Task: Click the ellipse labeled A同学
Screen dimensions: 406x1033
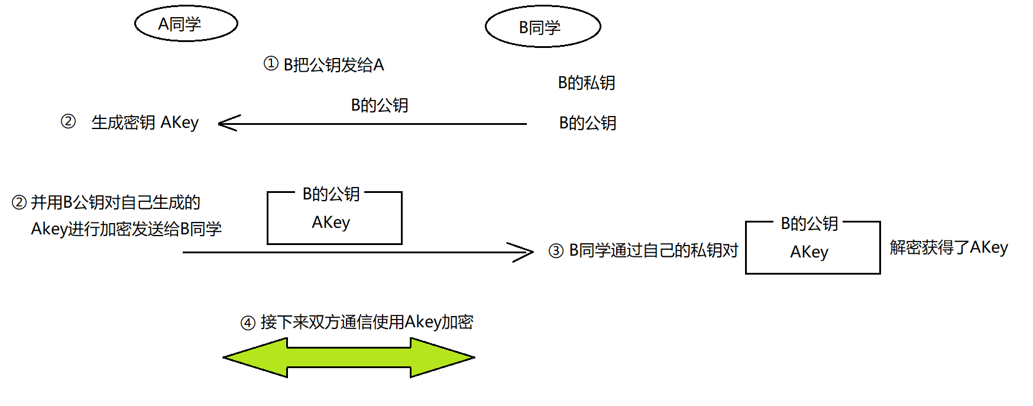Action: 186,24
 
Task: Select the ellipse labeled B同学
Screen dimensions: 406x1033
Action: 542,27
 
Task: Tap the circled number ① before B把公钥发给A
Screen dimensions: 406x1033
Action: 271,63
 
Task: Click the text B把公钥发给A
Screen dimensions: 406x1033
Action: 333,65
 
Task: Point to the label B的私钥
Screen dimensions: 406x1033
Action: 587,83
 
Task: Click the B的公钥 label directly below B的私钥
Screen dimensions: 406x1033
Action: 588,123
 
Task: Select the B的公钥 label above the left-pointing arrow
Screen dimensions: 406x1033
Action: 380,105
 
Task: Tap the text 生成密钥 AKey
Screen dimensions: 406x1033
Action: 145,123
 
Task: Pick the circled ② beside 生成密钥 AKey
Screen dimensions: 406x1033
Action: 69,121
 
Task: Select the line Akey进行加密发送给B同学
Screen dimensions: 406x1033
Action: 126,228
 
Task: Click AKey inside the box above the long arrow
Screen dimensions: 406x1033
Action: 331,223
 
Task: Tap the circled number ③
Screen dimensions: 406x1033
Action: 556,251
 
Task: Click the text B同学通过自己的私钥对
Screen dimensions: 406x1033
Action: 653,250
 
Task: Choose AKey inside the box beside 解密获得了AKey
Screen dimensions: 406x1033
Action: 809,252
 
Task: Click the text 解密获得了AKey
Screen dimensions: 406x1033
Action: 948,247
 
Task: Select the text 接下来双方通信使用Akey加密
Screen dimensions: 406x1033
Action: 367,322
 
